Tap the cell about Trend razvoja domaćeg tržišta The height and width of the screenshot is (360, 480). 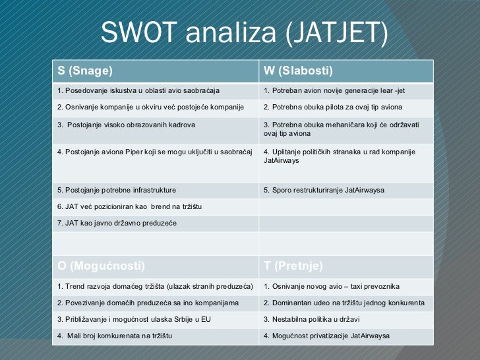click(156, 286)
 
